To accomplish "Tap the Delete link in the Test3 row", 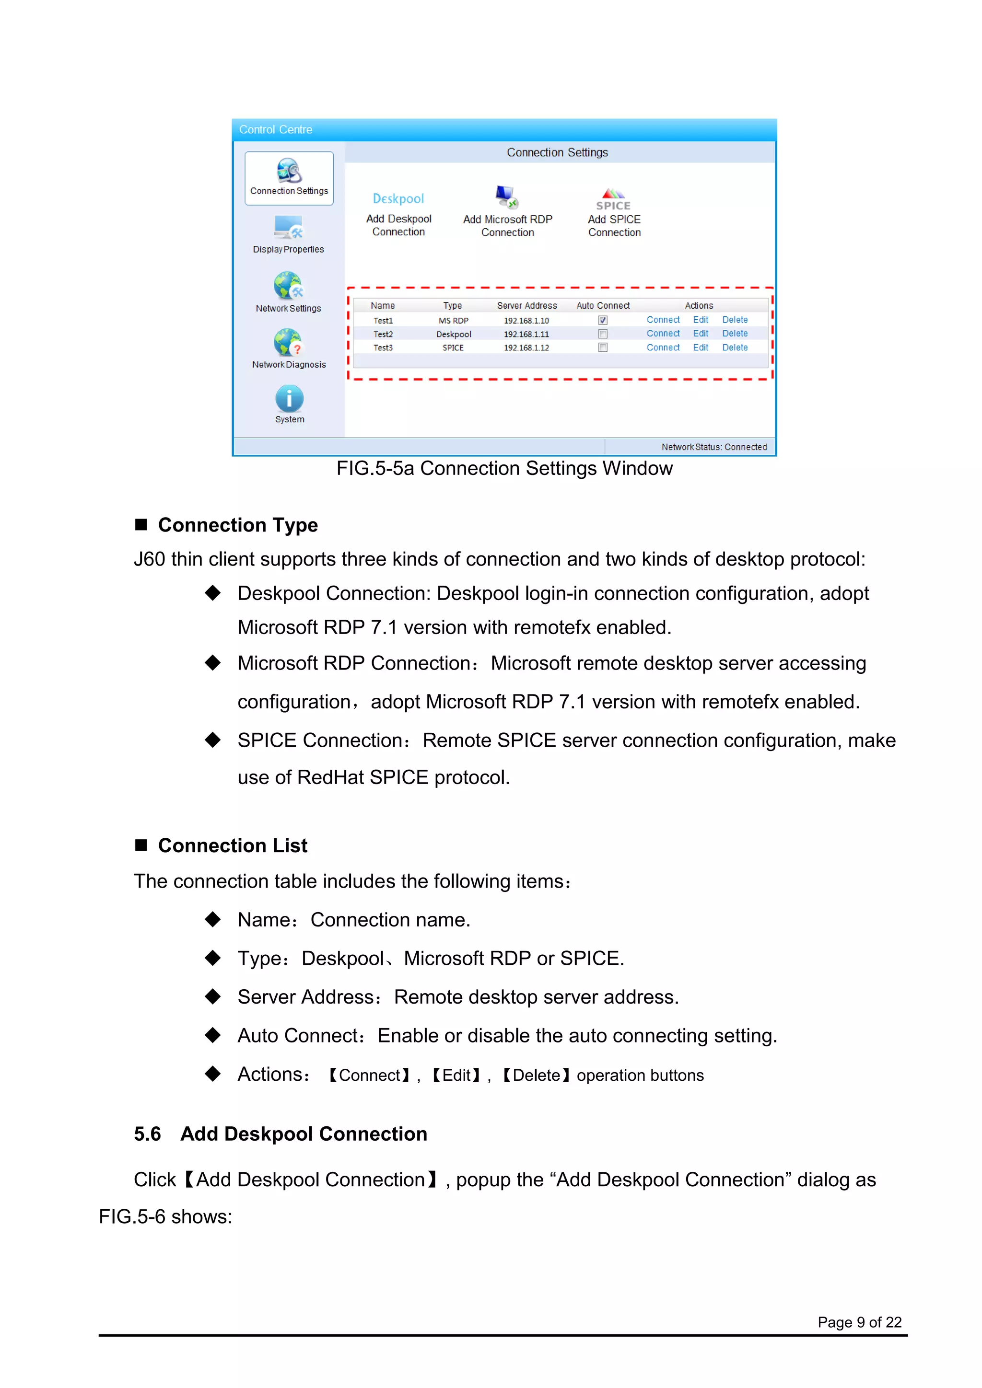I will pyautogui.click(x=735, y=347).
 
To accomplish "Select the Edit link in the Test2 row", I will pyautogui.click(x=700, y=334).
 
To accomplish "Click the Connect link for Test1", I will pyautogui.click(x=663, y=320).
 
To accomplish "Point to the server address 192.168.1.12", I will pyautogui.click(x=526, y=347).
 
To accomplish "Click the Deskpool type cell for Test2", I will pyautogui.click(x=454, y=335).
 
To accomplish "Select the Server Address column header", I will pyautogui.click(x=526, y=306).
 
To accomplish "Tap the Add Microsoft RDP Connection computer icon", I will pyautogui.click(x=507, y=197).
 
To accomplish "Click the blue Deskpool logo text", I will pyautogui.click(x=398, y=199).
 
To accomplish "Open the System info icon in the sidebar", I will pyautogui.click(x=290, y=399).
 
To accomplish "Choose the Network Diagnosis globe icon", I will pyautogui.click(x=288, y=343).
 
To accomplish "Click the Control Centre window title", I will pyautogui.click(x=276, y=129).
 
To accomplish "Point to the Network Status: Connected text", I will pyautogui.click(x=713, y=447).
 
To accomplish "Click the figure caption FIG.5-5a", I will pyautogui.click(x=504, y=469).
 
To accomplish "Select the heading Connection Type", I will pyautogui.click(x=238, y=525).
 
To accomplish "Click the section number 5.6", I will pyautogui.click(x=148, y=1134).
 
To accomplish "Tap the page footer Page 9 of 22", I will pyautogui.click(x=859, y=1322).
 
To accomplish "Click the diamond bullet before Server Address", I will pyautogui.click(x=212, y=997).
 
